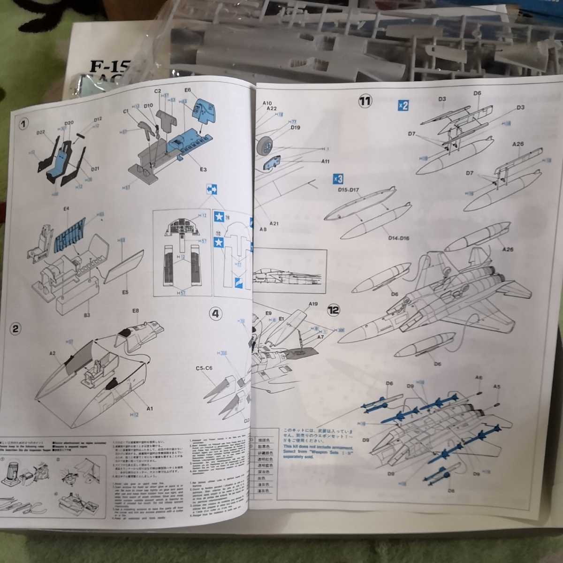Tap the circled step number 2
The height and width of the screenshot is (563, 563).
(15, 328)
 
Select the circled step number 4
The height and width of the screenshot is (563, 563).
(215, 313)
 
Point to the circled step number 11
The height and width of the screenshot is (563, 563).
(365, 100)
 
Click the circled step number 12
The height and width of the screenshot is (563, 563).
(334, 310)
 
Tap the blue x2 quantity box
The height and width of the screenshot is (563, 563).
(403, 105)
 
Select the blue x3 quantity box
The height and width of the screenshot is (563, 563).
(338, 179)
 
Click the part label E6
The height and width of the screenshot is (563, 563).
(188, 90)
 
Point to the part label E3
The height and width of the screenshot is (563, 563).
(203, 169)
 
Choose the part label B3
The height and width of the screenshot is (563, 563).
(87, 315)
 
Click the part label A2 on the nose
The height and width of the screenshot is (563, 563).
(53, 353)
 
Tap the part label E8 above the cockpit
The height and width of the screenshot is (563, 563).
(136, 311)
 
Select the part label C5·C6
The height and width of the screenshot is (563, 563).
(204, 368)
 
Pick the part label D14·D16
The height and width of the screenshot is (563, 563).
(398, 238)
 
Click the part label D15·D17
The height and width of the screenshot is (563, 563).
(348, 190)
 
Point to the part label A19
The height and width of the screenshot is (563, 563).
(313, 304)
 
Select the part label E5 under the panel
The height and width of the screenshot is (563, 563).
(125, 292)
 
